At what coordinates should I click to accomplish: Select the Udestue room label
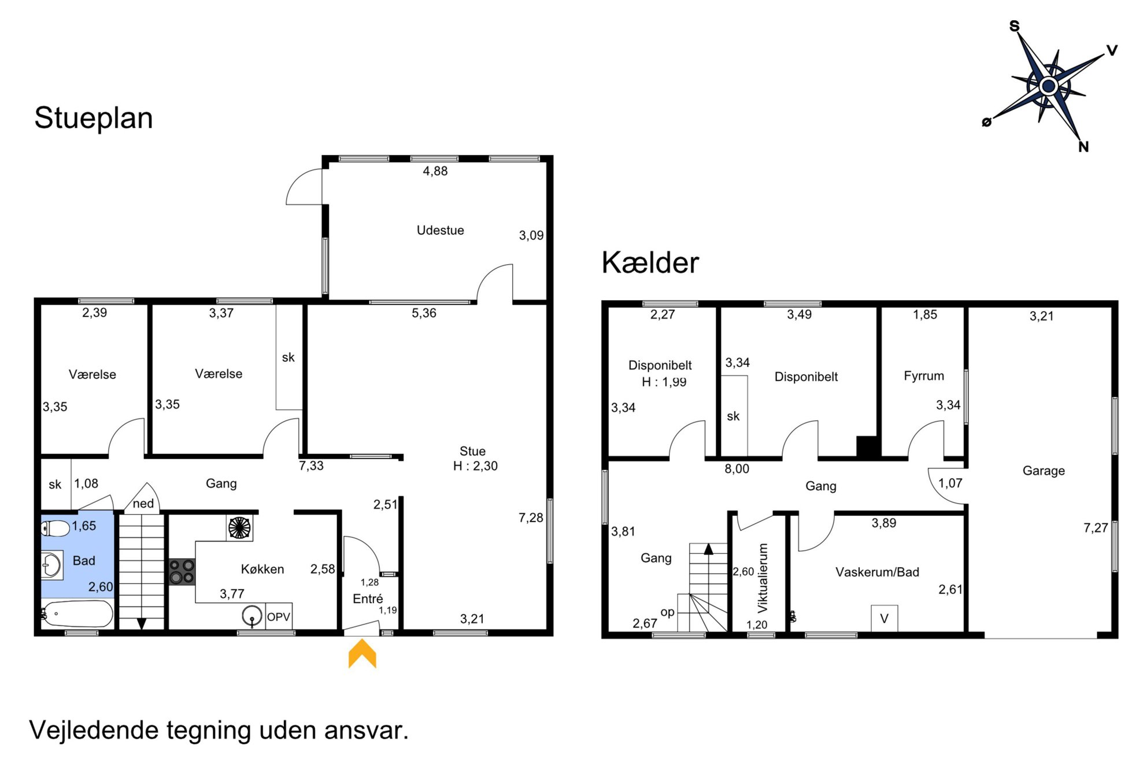coord(440,230)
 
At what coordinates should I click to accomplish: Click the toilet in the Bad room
coord(55,528)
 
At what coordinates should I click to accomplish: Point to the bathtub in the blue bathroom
coord(77,614)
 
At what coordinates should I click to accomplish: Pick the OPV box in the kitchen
coord(278,617)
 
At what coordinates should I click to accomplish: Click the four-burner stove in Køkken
coord(182,571)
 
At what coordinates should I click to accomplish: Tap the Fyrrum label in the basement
coord(924,376)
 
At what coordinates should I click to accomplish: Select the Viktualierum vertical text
coord(763,578)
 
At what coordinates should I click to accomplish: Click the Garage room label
coord(1044,471)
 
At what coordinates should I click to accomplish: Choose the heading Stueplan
coord(94,119)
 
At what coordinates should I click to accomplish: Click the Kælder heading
coord(650,263)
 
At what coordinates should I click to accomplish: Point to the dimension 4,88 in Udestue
coord(435,171)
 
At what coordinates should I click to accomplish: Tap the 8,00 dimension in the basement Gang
coord(737,469)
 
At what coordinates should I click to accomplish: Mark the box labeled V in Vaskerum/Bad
coord(885,618)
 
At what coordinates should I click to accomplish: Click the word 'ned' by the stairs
coord(143,504)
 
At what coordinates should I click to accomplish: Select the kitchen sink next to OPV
coord(252,616)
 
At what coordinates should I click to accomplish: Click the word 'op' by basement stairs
coord(668,612)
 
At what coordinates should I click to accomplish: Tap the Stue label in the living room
coord(472,451)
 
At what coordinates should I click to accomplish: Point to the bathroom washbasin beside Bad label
coord(51,565)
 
